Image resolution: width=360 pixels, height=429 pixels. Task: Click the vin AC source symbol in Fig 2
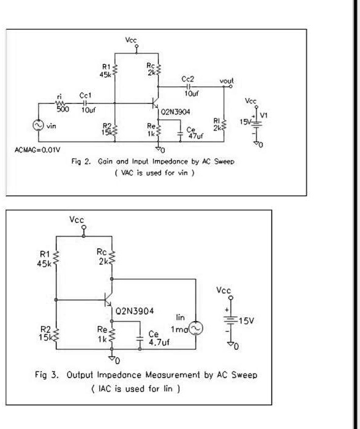[36, 124]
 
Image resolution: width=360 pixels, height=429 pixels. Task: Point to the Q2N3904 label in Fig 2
[174, 112]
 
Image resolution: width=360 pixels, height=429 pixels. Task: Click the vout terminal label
[227, 81]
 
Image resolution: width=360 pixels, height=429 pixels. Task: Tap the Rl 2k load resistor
[225, 124]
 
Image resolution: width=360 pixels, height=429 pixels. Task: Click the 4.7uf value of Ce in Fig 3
[159, 343]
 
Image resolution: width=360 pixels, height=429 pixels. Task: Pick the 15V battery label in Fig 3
[246, 321]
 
